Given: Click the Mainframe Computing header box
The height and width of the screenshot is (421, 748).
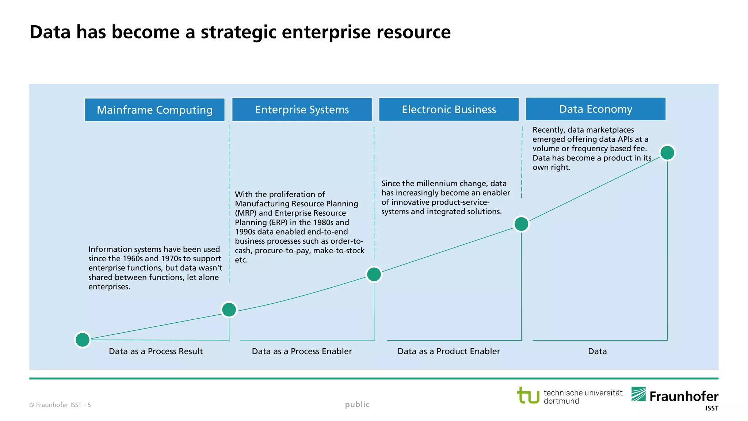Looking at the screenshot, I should [154, 110].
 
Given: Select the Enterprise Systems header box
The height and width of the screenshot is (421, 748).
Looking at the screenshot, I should [302, 110].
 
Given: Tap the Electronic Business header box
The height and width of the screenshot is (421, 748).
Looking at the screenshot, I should [449, 109].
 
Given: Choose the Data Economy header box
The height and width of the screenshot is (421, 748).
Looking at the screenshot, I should [595, 109].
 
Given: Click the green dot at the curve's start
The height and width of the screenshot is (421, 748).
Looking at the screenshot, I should [83, 340].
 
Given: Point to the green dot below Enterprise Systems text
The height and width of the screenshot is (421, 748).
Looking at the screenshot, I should [374, 274].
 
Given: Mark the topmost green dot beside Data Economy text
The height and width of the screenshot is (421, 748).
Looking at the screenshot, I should [667, 153].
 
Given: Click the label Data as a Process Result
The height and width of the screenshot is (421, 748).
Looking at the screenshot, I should [156, 351].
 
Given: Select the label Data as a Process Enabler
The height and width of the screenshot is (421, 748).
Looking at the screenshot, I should [302, 351].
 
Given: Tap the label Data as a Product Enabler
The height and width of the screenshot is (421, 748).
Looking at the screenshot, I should [449, 351].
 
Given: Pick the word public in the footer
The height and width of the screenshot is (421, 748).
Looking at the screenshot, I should [357, 404].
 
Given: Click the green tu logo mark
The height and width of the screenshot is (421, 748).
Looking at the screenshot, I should [528, 395].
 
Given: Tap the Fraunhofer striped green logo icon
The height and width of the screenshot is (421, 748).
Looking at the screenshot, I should [638, 394].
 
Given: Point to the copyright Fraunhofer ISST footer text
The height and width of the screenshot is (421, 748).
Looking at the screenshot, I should [58, 405].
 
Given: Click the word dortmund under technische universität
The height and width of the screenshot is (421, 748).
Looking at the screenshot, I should [561, 401].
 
